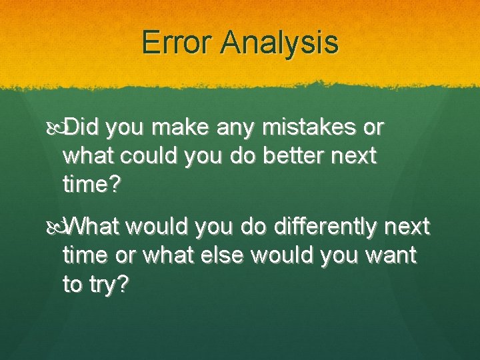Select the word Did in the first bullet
coord(82,125)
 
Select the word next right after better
coord(354,156)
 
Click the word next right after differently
coord(406,227)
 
